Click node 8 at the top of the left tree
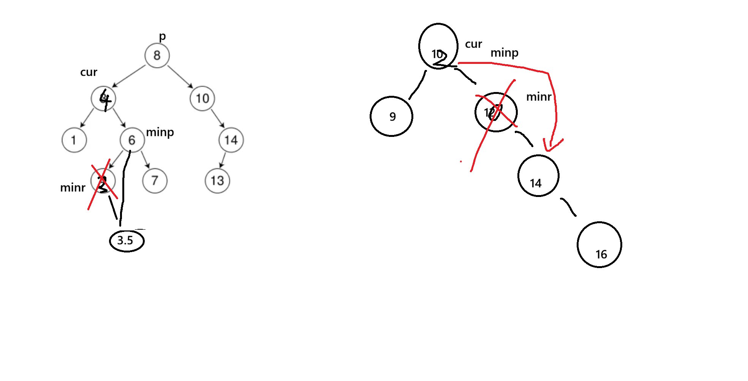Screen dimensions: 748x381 (157, 56)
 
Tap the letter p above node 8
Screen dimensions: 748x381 (162, 37)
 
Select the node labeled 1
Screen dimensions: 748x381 (74, 140)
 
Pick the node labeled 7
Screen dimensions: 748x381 (155, 181)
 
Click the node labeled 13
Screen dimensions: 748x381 (217, 181)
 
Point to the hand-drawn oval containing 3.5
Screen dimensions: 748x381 (127, 241)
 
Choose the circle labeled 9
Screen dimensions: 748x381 (391, 116)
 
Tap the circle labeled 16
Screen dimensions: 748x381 (599, 245)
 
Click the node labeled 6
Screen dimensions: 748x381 (132, 140)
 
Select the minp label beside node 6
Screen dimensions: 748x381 (160, 132)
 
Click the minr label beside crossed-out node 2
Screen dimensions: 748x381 (73, 188)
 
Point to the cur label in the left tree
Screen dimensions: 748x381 (89, 72)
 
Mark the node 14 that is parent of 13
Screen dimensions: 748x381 (231, 140)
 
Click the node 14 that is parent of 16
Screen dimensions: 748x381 (538, 176)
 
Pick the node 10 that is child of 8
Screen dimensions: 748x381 (202, 98)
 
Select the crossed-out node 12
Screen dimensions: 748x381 (496, 112)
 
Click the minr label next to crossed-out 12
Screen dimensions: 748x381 (538, 97)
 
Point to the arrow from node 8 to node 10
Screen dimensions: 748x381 (180, 76)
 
